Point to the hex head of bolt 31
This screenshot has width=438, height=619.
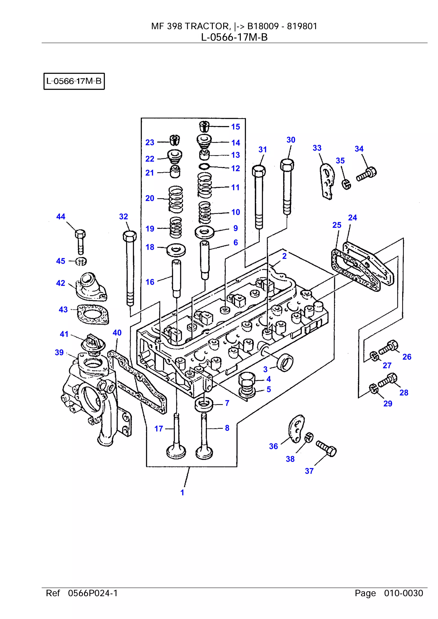tap(259, 171)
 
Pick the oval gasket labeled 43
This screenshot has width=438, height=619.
tap(93, 314)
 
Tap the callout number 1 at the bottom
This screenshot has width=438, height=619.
tap(182, 492)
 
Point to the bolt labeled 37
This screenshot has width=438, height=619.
tap(327, 448)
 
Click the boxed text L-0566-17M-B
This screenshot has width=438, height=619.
tap(74, 81)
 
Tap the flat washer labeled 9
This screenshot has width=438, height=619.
tap(204, 231)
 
